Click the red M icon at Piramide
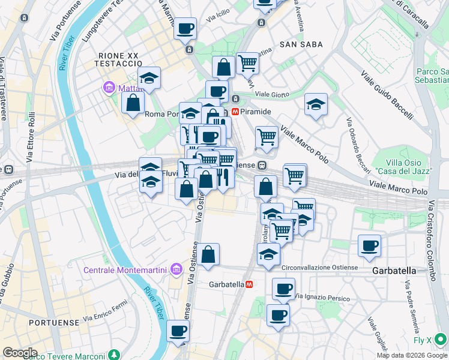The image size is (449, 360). pyautogui.click(x=236, y=112)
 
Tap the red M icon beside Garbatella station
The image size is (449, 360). pyautogui.click(x=249, y=284)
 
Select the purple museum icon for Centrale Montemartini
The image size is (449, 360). pyautogui.click(x=175, y=270)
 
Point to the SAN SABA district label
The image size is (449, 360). pyautogui.click(x=301, y=44)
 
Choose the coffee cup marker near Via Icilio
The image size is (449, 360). pyautogui.click(x=185, y=28)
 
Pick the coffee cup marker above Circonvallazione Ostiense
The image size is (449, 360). pyautogui.click(x=369, y=245)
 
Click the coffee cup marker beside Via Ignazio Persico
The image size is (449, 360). pyautogui.click(x=283, y=289)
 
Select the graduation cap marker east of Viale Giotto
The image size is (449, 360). pyautogui.click(x=316, y=104)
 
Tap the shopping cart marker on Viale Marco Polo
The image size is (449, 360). pyautogui.click(x=267, y=137)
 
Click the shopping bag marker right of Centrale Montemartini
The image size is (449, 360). pyautogui.click(x=208, y=254)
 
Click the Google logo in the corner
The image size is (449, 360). pyautogui.click(x=19, y=353)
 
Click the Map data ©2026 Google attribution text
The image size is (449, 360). pyautogui.click(x=412, y=355)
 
